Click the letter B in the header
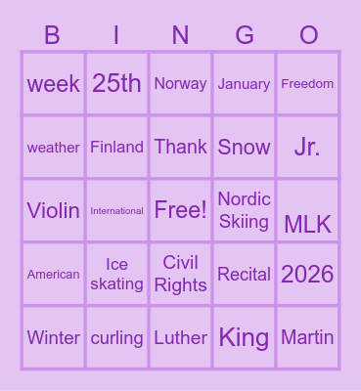(x=53, y=36)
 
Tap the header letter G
(x=245, y=36)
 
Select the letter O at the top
(x=308, y=36)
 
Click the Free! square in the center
(x=181, y=210)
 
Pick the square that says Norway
(x=181, y=83)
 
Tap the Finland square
(x=116, y=147)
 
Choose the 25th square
(x=116, y=83)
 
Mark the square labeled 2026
(x=307, y=274)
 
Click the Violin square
(x=54, y=210)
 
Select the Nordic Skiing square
(x=245, y=210)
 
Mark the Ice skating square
(x=116, y=274)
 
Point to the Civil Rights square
(x=181, y=274)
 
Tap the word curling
(x=116, y=338)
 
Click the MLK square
(x=307, y=224)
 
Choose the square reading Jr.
(x=307, y=147)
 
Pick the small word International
(x=116, y=210)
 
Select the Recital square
(x=245, y=274)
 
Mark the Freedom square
(x=307, y=83)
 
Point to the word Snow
(x=245, y=147)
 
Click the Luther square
(x=181, y=338)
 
